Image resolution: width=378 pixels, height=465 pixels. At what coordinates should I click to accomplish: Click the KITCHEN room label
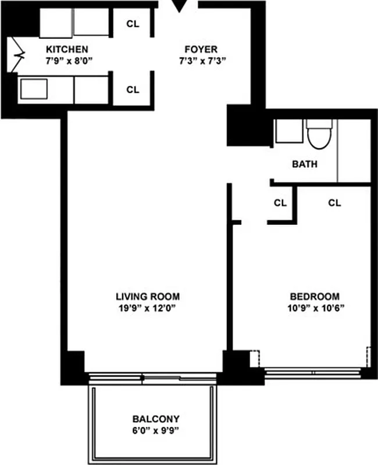point(67,49)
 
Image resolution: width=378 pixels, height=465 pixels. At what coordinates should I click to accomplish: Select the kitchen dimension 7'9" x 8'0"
point(67,60)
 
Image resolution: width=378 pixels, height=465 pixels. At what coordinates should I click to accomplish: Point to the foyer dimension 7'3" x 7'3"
point(202,60)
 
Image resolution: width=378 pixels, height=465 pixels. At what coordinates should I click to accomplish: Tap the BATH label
point(305,164)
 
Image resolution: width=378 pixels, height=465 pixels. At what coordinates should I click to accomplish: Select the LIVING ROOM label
point(147,296)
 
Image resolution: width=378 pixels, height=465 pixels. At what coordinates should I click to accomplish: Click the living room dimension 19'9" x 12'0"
point(147,307)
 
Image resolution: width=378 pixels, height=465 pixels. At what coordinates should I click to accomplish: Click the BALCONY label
point(156,419)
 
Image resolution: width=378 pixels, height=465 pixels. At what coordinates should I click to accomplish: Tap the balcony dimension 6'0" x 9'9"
point(156,430)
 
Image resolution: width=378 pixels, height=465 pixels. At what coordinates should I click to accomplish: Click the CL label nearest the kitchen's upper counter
point(133,24)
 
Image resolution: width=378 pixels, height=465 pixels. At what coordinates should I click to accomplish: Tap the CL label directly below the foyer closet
point(133,90)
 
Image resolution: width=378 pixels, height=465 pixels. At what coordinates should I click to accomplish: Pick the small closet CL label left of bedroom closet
point(280,203)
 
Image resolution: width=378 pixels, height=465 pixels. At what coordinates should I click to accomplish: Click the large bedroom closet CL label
point(334,203)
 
